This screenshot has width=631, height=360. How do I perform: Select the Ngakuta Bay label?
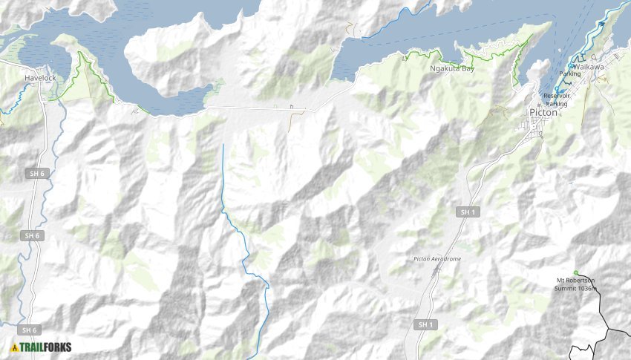[x=452, y=68]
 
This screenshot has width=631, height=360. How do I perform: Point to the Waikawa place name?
[x=589, y=66]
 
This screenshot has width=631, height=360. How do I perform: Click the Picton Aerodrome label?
[x=437, y=258]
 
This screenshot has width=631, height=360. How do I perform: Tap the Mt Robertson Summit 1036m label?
[x=575, y=284]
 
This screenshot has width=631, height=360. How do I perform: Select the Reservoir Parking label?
[x=556, y=99]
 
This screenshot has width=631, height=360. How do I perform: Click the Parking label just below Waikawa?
[x=570, y=74]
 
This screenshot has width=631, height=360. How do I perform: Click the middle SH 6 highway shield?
[x=30, y=235]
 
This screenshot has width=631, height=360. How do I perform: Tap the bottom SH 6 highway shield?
[x=29, y=330]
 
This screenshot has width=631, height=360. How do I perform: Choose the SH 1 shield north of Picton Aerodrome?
[x=466, y=212]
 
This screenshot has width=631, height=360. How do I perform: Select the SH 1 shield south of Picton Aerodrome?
[x=424, y=324]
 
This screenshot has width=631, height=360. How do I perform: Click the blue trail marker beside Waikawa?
[x=570, y=66]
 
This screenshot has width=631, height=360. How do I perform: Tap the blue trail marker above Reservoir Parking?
[x=557, y=90]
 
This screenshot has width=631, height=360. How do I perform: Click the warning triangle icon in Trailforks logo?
[x=14, y=347]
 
